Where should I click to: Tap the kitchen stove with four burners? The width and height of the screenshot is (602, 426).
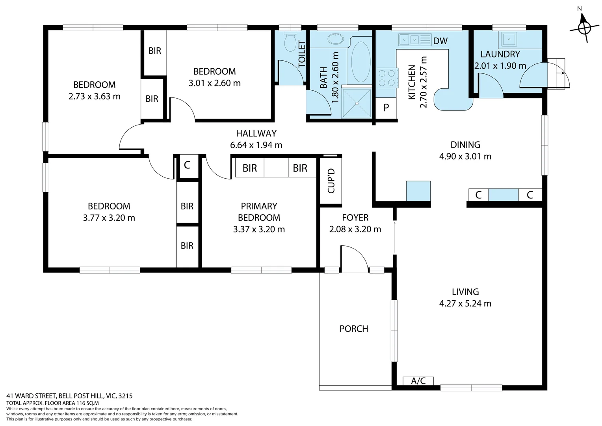click(x=386, y=78)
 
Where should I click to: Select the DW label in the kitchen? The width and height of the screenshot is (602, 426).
click(x=440, y=41)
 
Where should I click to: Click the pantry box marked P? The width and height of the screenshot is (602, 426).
click(x=386, y=107)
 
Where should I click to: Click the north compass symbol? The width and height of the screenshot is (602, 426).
click(x=584, y=28)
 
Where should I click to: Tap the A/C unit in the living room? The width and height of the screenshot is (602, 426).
click(x=418, y=381)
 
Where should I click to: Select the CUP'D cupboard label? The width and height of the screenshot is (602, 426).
click(x=331, y=181)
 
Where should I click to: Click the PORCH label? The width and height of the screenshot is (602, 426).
click(x=353, y=329)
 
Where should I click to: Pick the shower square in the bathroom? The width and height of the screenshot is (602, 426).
click(x=357, y=103)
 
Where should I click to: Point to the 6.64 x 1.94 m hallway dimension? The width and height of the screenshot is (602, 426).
click(x=256, y=145)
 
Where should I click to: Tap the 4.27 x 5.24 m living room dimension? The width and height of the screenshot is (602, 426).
click(x=465, y=304)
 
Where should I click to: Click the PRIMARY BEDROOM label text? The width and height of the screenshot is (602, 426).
click(x=259, y=212)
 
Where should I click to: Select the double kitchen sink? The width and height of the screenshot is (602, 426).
click(x=410, y=39)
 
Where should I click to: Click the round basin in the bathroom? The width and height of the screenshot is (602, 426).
click(x=335, y=39)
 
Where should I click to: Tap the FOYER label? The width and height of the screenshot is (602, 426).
click(x=355, y=218)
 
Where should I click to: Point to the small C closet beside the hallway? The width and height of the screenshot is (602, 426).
click(x=187, y=165)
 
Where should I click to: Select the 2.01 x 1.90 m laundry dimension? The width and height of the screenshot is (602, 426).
click(x=500, y=66)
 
